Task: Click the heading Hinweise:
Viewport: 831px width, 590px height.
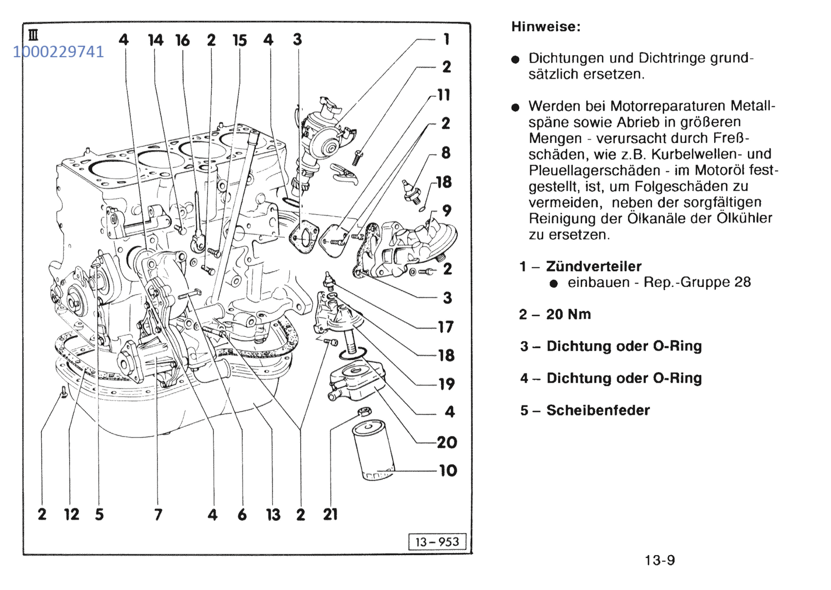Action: pos(545,27)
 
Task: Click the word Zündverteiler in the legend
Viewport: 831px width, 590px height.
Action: pos(594,266)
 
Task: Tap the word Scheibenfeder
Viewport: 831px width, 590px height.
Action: pos(598,410)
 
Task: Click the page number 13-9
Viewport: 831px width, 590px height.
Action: pos(660,560)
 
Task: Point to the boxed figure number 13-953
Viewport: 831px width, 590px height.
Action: pos(437,542)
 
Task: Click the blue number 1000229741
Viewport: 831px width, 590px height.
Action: pos(58,52)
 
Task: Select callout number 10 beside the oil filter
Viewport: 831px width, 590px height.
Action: pos(448,470)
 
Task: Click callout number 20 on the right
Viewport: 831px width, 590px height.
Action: pos(447,442)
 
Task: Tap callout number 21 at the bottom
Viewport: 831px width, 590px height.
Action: pos(330,514)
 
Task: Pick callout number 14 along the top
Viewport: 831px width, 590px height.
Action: pos(155,40)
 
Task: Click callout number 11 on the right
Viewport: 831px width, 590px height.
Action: pos(444,95)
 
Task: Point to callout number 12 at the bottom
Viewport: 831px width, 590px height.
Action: pos(72,514)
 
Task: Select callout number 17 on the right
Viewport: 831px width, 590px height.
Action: pos(446,327)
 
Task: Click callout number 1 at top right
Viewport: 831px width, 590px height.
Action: pos(446,39)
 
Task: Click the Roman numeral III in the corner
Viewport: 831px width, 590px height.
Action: pos(33,35)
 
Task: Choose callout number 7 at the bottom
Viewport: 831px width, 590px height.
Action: pos(158,515)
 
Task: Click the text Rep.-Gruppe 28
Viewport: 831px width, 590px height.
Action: pos(697,282)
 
